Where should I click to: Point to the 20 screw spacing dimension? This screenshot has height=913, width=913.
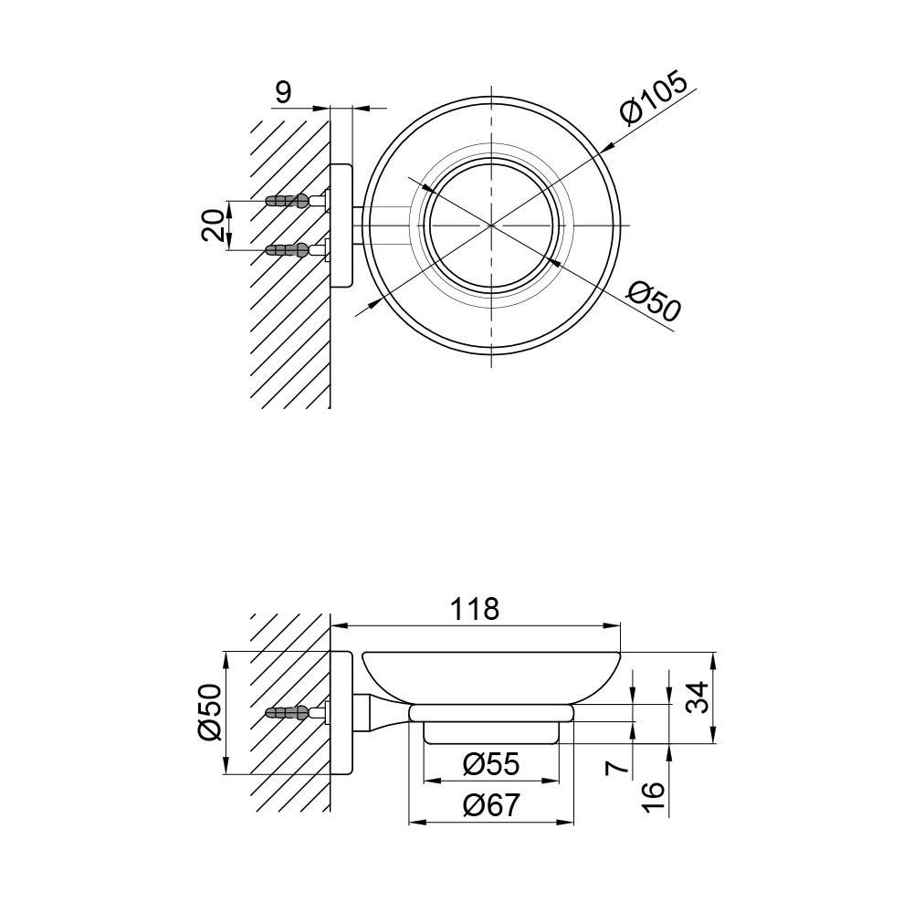point(213,225)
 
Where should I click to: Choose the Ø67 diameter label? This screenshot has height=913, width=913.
point(490,806)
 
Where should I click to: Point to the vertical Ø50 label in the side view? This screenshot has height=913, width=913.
point(211,713)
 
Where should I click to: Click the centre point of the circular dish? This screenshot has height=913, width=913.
point(493,225)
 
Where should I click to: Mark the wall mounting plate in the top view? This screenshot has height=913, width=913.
point(341,225)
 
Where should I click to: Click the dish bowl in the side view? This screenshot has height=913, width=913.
point(493,676)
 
